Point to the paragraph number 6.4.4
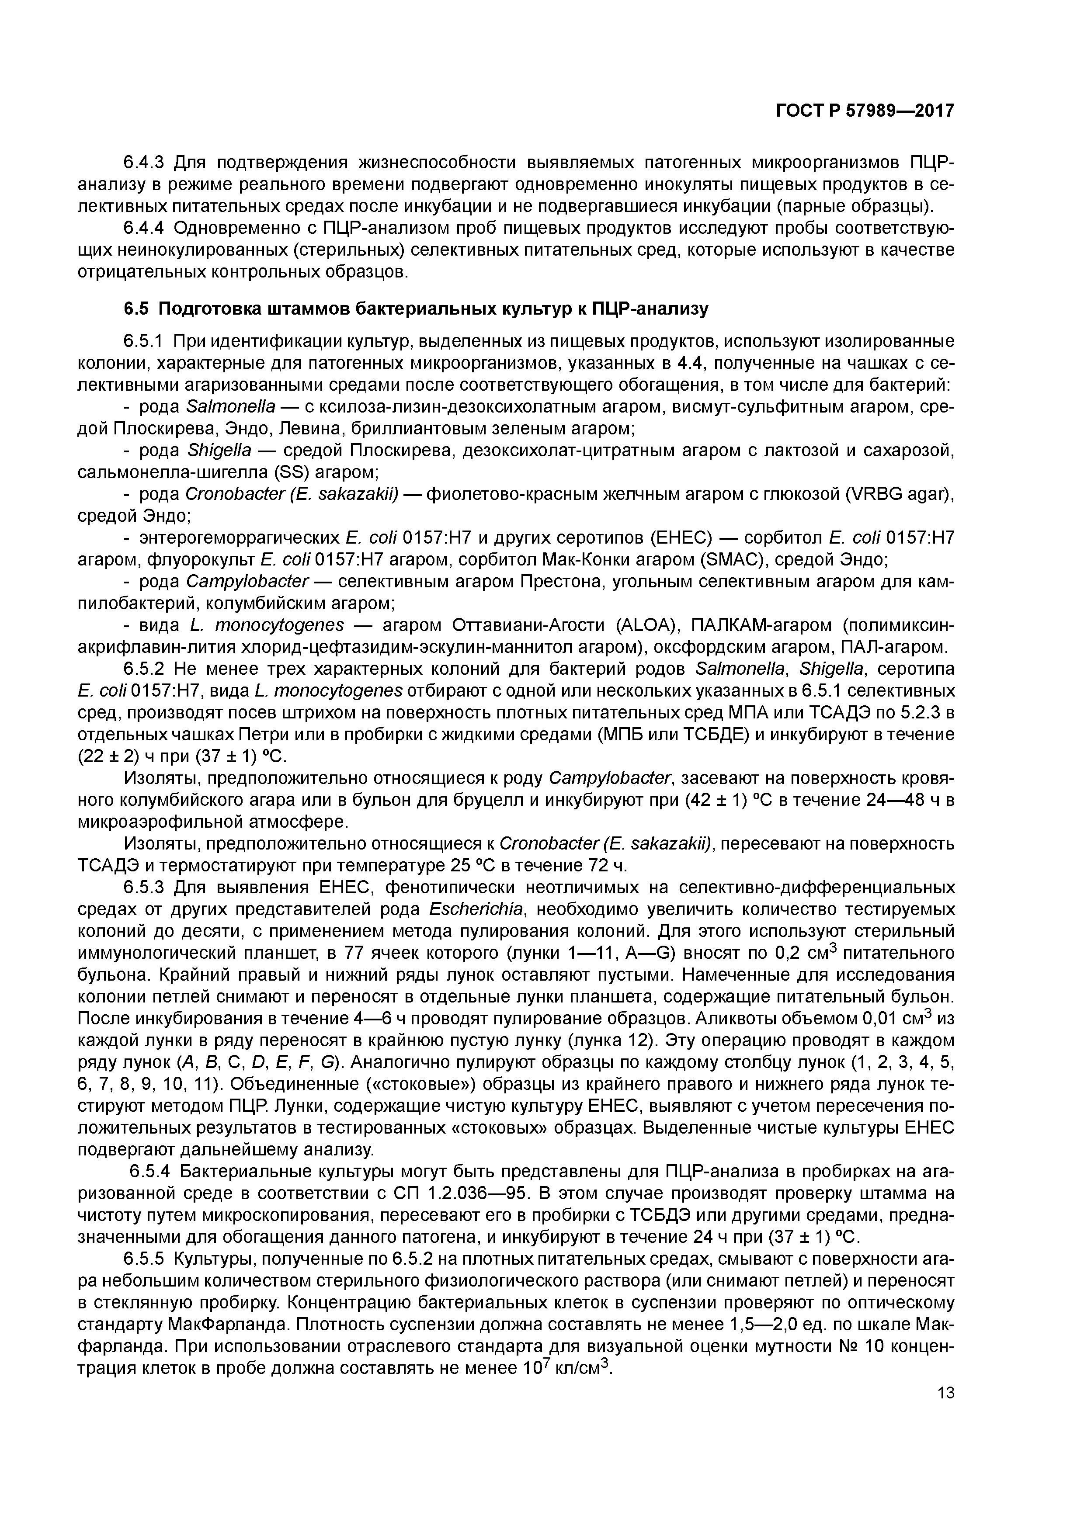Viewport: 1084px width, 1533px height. pyautogui.click(x=143, y=229)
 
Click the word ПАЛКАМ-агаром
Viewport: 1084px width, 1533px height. pyautogui.click(x=759, y=626)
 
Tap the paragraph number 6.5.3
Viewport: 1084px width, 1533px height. pyautogui.click(x=143, y=888)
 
